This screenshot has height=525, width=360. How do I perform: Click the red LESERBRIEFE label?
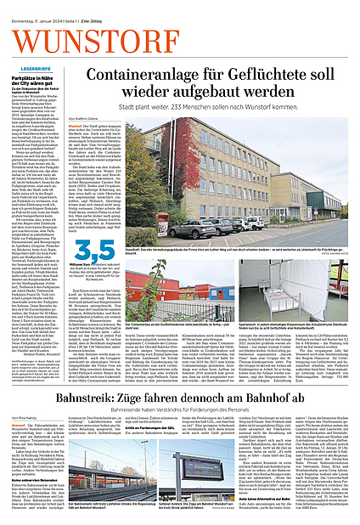coord(35,66)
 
